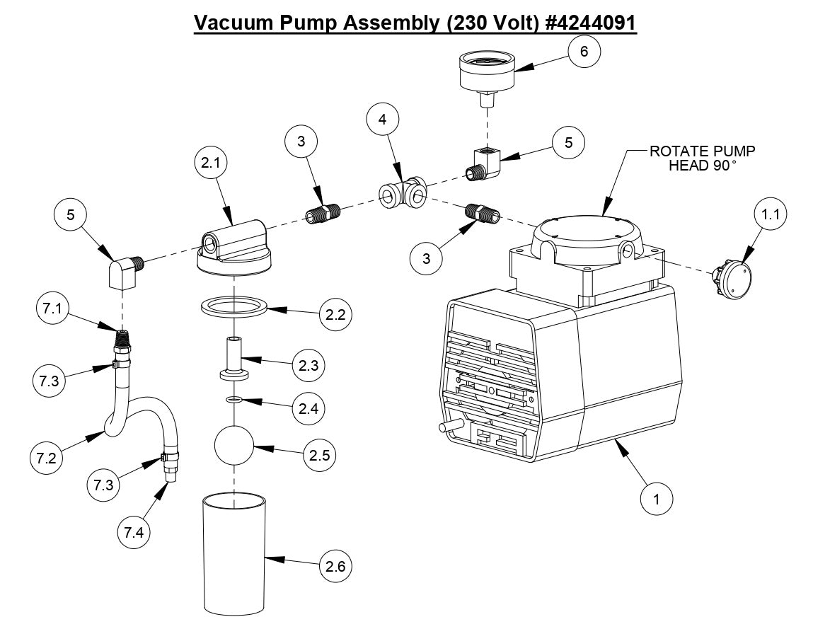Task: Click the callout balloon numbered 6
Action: click(583, 52)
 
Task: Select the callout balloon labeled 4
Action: click(382, 120)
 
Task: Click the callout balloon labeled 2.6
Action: click(335, 566)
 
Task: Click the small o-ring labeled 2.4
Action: click(233, 400)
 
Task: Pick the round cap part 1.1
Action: click(732, 277)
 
